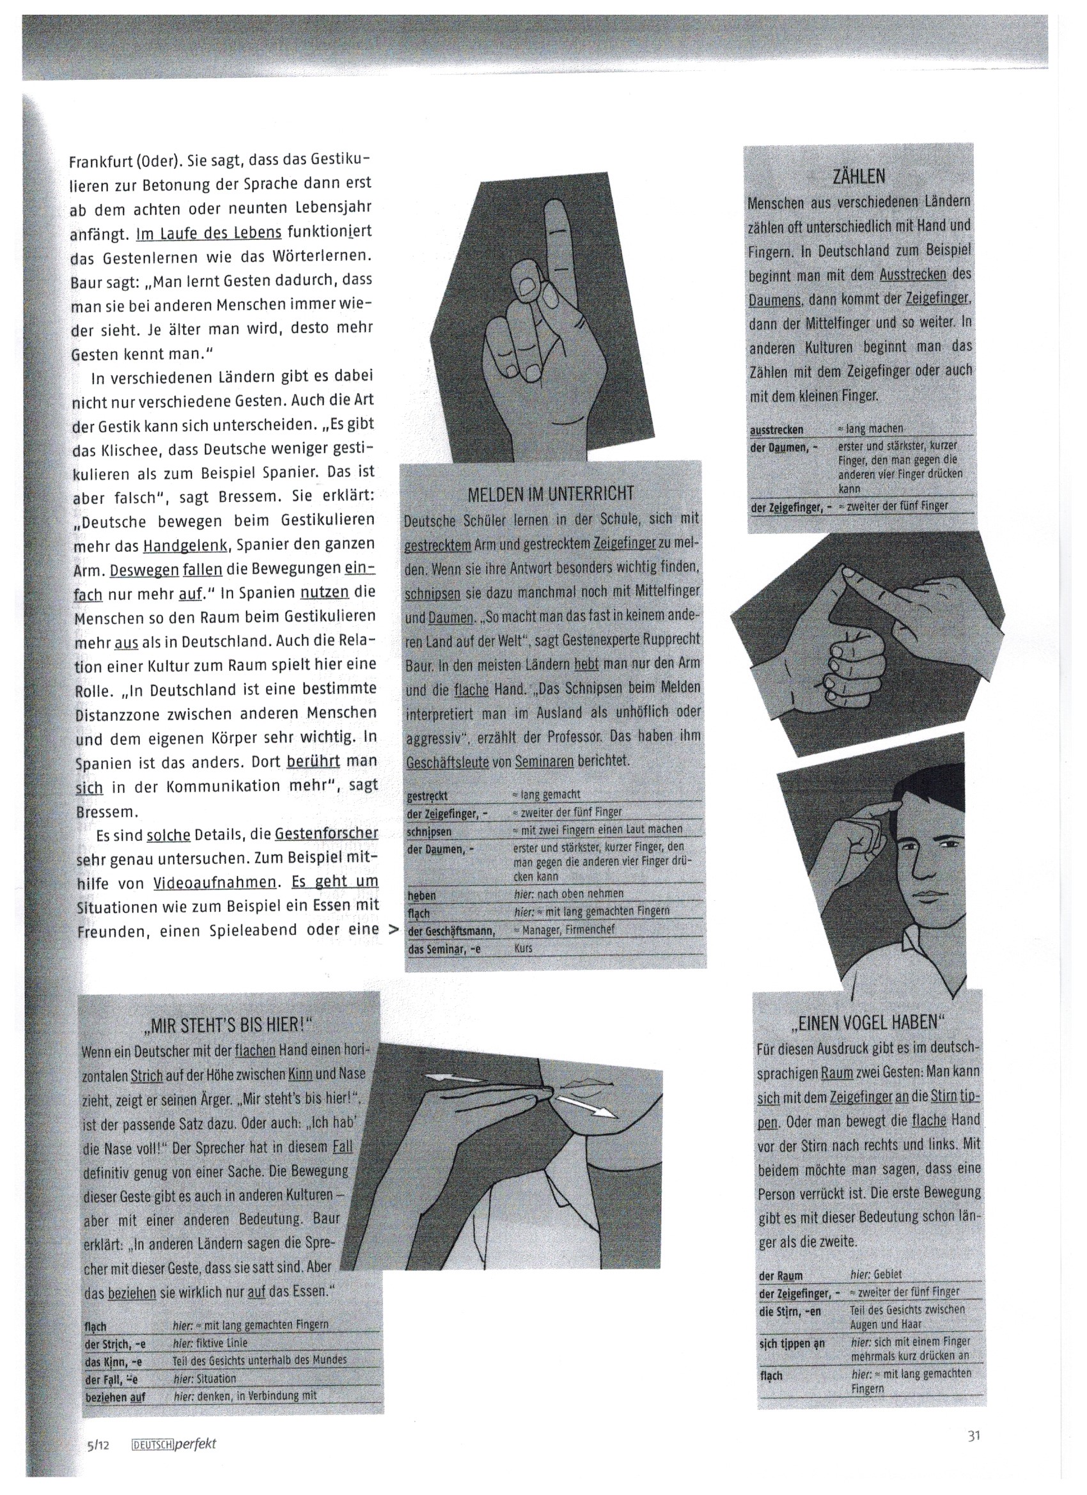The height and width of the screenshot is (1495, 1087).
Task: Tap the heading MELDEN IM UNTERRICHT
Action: pos(551,494)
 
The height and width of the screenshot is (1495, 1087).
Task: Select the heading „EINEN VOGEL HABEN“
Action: pos(868,1022)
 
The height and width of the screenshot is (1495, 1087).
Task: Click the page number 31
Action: pos(975,1434)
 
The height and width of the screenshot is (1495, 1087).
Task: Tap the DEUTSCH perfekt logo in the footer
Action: pos(174,1444)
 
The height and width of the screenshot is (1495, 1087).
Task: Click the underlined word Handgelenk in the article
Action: pos(186,547)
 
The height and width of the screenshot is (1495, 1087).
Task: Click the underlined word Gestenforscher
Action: pos(326,834)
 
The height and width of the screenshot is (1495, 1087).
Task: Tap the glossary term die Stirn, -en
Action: pos(790,1311)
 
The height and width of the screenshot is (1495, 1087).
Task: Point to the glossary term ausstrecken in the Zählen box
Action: pos(776,430)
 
